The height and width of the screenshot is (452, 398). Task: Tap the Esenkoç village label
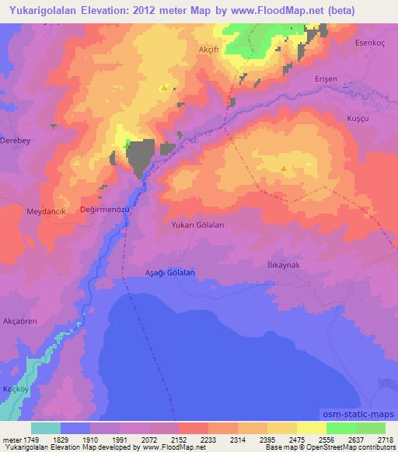369,43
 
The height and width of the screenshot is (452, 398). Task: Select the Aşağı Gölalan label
169,273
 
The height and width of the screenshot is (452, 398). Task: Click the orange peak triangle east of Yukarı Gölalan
283,167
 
